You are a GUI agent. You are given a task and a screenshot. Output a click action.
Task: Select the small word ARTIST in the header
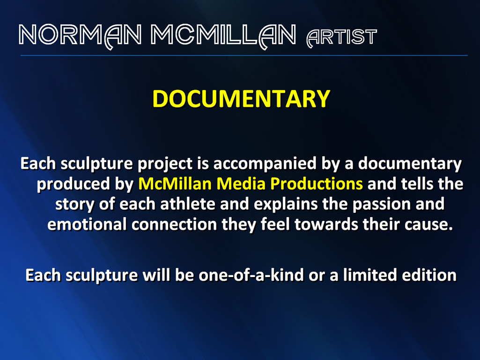[342, 37]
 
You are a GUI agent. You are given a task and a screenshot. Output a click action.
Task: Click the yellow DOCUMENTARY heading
[241, 98]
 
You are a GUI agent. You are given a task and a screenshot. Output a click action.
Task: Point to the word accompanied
[265, 164]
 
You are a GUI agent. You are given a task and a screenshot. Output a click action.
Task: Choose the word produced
[74, 184]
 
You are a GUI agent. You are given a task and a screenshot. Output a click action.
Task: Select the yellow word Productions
[317, 184]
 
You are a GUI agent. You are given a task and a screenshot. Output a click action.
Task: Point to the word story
[75, 205]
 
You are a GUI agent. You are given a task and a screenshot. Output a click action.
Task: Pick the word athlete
[188, 204]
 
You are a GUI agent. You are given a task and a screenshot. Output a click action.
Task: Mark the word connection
[175, 225]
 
